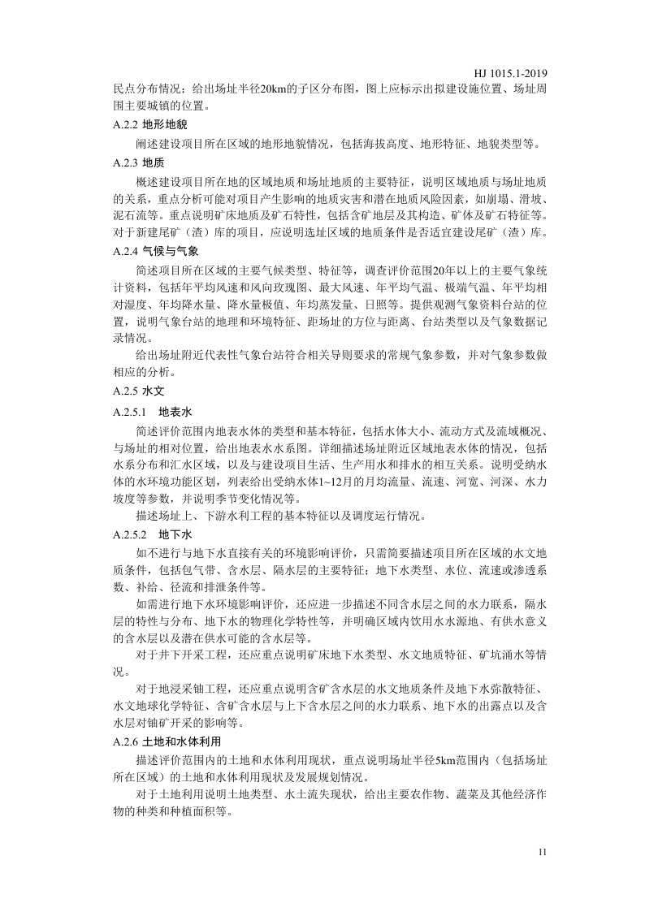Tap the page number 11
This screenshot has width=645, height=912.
pos(543,852)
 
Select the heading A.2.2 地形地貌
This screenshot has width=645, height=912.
pos(150,125)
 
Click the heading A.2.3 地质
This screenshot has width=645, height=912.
pos(139,162)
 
